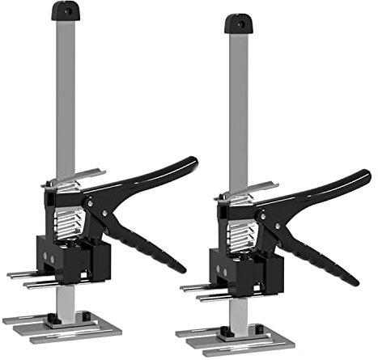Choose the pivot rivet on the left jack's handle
106,213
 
